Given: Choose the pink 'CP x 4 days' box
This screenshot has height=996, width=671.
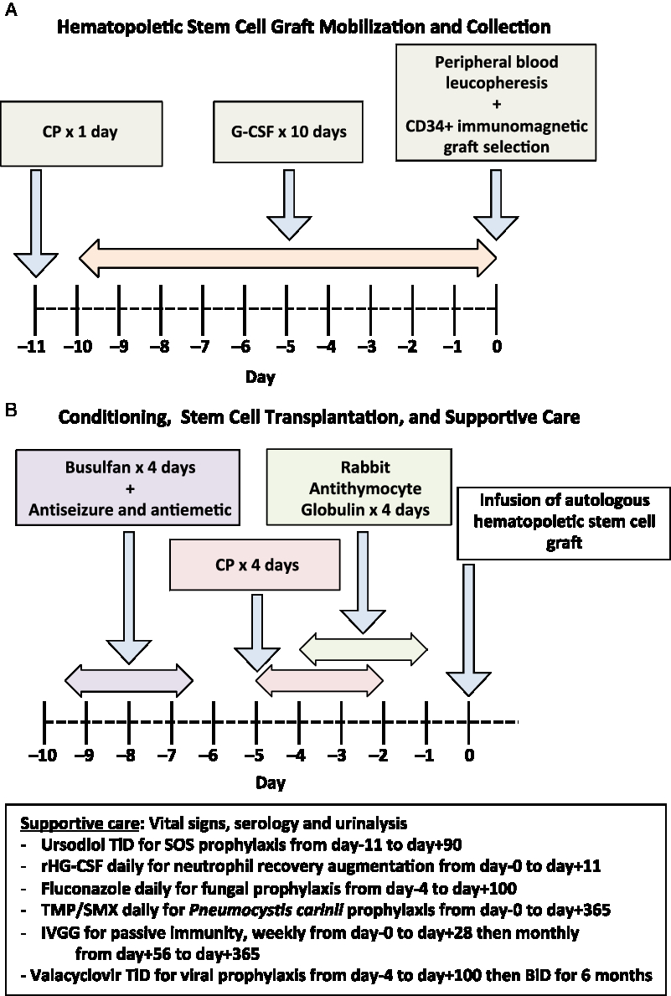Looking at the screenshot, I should (255, 565).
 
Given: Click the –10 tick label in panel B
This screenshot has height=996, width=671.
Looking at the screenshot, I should (43, 756).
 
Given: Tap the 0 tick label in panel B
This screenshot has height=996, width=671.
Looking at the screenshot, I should (469, 756).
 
